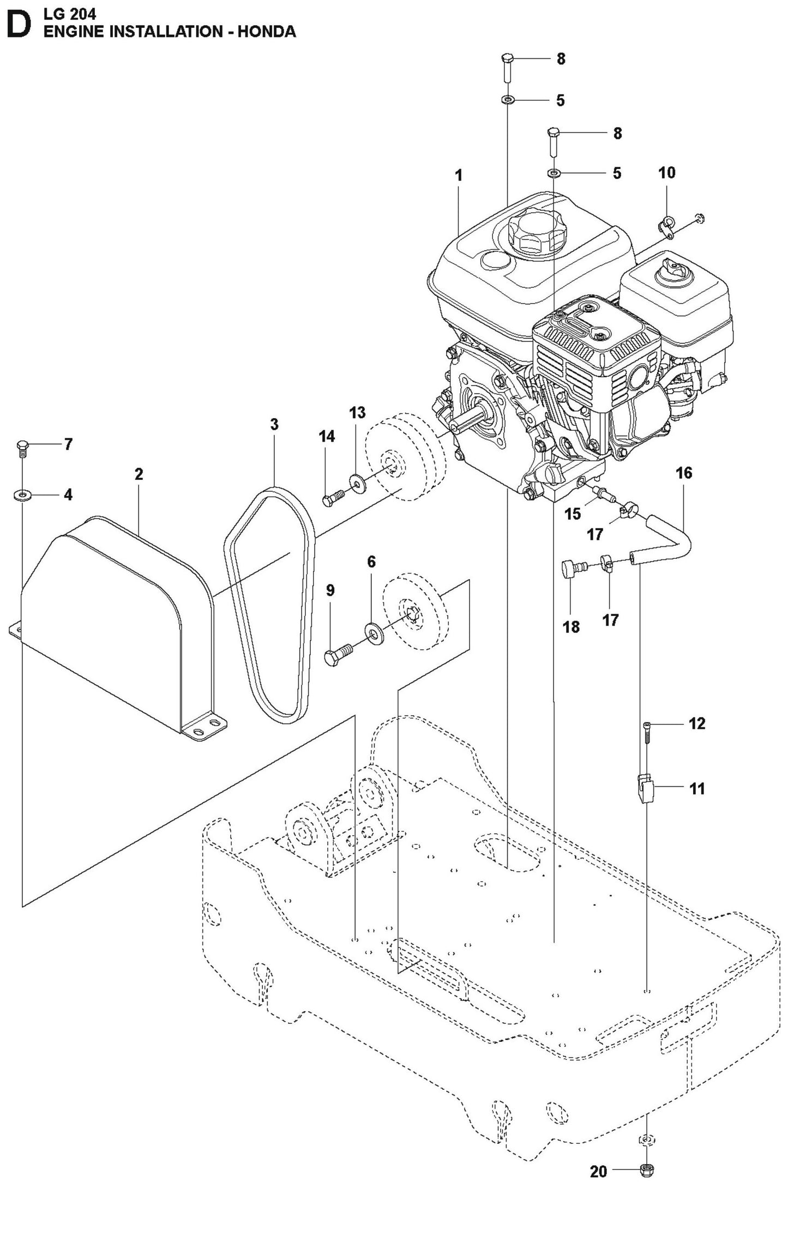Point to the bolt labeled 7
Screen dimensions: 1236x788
22,449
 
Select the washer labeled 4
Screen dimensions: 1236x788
22,495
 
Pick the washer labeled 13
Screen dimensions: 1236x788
358,482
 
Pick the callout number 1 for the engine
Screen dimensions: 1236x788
459,175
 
